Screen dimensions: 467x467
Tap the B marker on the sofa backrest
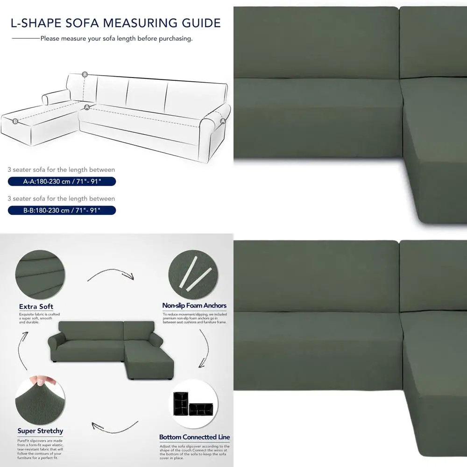pyautogui.click(x=85, y=75)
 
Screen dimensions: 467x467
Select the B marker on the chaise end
pyautogui.click(x=15, y=121)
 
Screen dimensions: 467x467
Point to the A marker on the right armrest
pyautogui.click(x=223, y=121)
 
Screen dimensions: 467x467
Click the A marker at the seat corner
pyautogui.click(x=86, y=107)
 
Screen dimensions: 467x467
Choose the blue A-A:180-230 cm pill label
pyautogui.click(x=61, y=182)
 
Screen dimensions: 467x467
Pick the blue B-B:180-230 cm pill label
pyautogui.click(x=61, y=211)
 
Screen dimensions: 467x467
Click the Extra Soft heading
pyautogui.click(x=36, y=307)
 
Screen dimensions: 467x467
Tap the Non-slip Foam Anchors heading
pyautogui.click(x=194, y=305)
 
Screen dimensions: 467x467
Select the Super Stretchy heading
pyautogui.click(x=40, y=431)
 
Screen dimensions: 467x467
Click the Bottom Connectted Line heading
pyautogui.click(x=194, y=437)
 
